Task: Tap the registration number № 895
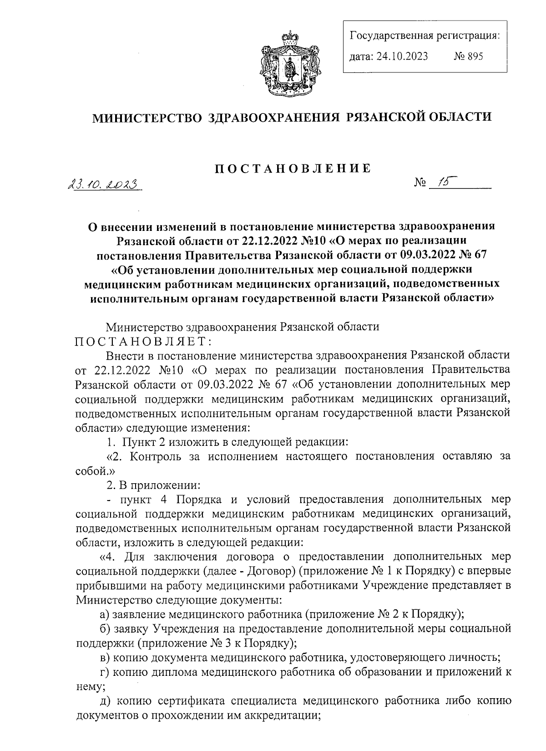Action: coord(468,56)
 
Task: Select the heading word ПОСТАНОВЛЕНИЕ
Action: coord(293,168)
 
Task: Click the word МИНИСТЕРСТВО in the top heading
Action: coord(147,118)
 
